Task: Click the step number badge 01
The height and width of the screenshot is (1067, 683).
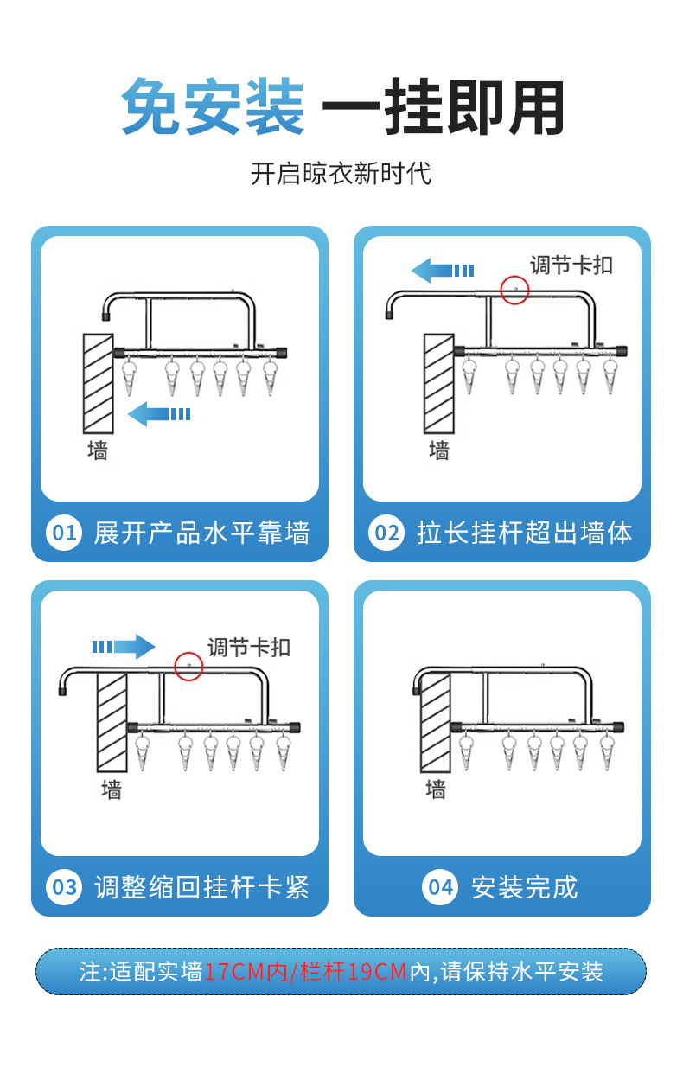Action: pyautogui.click(x=64, y=533)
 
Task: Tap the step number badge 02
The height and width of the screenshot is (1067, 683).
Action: pyautogui.click(x=386, y=533)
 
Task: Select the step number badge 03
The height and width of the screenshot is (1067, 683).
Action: pyautogui.click(x=64, y=887)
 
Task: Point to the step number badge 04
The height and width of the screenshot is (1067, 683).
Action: pyautogui.click(x=439, y=887)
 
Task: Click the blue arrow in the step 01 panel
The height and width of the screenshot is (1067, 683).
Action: pyautogui.click(x=159, y=414)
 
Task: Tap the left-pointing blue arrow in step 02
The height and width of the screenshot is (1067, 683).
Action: pyautogui.click(x=443, y=270)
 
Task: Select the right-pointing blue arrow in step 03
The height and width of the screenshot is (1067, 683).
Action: pyautogui.click(x=124, y=647)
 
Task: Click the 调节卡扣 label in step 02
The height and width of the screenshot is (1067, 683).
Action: pyautogui.click(x=571, y=265)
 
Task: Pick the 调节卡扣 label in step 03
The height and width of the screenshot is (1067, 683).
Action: pyautogui.click(x=249, y=648)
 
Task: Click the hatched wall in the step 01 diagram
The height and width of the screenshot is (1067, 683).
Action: pyautogui.click(x=98, y=383)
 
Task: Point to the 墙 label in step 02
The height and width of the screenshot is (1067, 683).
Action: pyautogui.click(x=438, y=450)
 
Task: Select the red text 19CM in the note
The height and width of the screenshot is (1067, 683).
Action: pyautogui.click(x=378, y=972)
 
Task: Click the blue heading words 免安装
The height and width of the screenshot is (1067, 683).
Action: pyautogui.click(x=213, y=106)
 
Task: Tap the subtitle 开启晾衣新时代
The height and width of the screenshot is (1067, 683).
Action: pyautogui.click(x=341, y=174)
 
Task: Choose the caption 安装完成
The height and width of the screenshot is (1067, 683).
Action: pyautogui.click(x=525, y=887)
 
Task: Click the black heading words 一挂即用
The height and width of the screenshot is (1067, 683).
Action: pyautogui.click(x=444, y=106)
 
